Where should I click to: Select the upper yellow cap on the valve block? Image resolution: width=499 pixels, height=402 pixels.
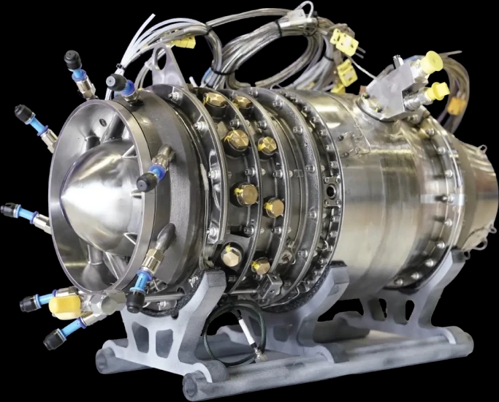click(431, 62)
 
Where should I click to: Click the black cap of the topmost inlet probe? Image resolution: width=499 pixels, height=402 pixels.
click(72, 58)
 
